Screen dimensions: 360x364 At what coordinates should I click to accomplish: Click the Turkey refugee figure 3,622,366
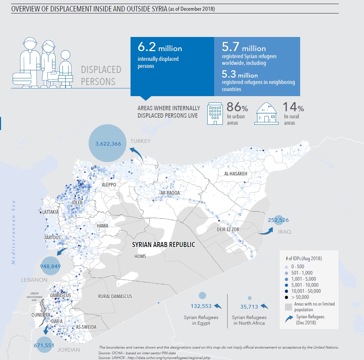click(x=108, y=144)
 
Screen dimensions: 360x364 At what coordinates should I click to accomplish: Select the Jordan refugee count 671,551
click(x=44, y=345)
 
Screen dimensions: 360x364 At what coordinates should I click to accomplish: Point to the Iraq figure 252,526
click(x=278, y=220)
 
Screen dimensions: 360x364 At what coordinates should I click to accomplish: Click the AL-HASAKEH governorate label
click(x=236, y=174)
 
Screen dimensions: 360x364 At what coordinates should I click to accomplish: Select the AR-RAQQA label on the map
click(x=170, y=193)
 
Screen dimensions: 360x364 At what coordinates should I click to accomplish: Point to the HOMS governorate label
click(x=140, y=256)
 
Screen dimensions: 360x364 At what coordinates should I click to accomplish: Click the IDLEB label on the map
click(x=77, y=203)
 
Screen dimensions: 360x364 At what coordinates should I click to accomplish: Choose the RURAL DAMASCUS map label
click(x=115, y=296)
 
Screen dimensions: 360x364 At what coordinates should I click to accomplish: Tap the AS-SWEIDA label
click(x=86, y=327)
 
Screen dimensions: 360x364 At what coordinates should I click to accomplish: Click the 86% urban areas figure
click(x=237, y=107)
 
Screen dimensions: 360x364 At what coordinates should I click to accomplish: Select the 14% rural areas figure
click(x=293, y=107)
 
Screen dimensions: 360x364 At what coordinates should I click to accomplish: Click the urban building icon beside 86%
click(x=215, y=114)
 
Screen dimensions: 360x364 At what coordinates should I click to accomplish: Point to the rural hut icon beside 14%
click(x=267, y=114)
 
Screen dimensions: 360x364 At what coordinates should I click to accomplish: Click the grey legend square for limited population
click(x=288, y=307)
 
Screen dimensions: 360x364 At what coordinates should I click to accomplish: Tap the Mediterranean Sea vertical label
click(x=14, y=232)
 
